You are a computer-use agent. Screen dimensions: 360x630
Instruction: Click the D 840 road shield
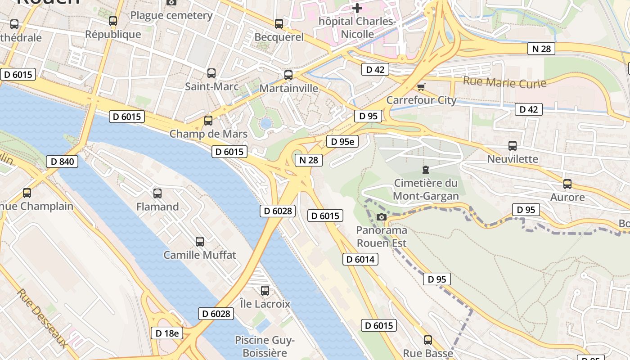point(62,162)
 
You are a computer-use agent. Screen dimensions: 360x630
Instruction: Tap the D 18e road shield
point(167,333)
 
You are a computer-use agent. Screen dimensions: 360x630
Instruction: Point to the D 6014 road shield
point(360,259)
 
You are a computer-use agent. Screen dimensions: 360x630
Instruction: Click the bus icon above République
point(113,21)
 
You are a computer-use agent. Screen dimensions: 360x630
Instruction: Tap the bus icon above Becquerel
point(279,24)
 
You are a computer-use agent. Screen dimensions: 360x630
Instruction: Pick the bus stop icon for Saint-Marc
point(211,73)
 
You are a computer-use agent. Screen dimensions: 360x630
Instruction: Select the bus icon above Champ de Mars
point(208,121)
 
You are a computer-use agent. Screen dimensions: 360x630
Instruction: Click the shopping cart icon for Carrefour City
point(421,87)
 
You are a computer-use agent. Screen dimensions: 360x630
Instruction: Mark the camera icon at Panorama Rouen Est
point(381,217)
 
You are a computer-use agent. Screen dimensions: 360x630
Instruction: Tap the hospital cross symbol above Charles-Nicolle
point(357,8)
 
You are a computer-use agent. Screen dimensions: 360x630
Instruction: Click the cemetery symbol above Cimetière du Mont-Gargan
point(425,170)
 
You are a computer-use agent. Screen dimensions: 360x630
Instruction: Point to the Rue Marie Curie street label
point(504,82)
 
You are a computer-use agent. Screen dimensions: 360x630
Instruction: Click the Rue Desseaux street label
point(43,318)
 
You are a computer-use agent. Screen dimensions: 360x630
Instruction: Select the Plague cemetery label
point(171,15)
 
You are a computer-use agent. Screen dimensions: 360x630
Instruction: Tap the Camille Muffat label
point(199,255)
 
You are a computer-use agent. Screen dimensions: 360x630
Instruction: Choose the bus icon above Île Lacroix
point(265,291)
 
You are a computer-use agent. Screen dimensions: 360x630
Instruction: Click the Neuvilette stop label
point(513,159)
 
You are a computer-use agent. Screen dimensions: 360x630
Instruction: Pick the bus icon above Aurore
point(567,184)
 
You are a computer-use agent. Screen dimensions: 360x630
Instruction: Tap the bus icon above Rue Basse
point(427,340)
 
